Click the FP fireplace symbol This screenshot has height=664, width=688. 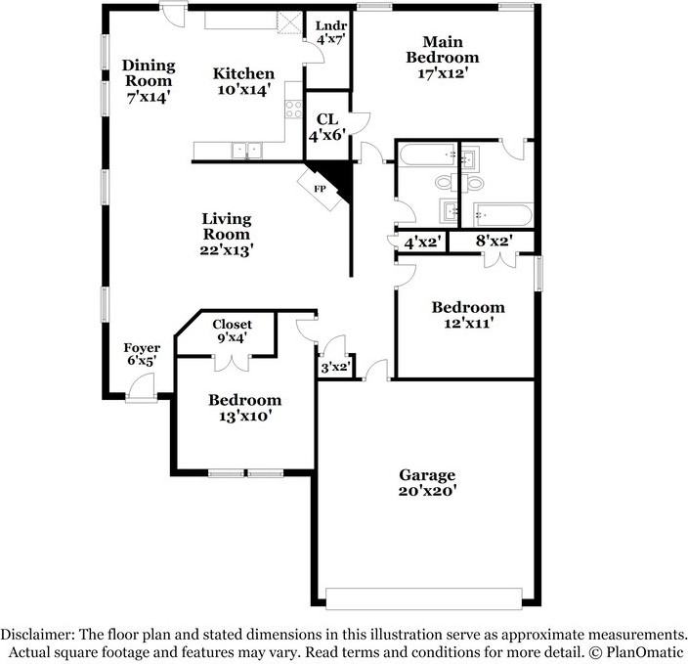click(x=320, y=190)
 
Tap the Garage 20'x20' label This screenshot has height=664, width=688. click(x=427, y=482)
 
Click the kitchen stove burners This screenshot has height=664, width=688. click(x=293, y=109)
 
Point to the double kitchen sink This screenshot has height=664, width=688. click(x=247, y=151)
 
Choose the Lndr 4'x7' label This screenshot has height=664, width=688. click(x=331, y=32)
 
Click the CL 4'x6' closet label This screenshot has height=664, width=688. click(x=327, y=127)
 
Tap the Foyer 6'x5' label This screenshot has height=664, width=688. click(x=142, y=354)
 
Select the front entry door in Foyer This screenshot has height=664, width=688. click(x=142, y=387)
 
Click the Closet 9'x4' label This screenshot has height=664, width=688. click(x=233, y=331)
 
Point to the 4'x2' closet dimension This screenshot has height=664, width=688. click(x=421, y=242)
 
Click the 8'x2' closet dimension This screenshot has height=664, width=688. click(x=494, y=241)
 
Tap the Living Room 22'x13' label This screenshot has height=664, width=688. click(x=227, y=234)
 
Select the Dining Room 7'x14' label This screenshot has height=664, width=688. click(x=149, y=81)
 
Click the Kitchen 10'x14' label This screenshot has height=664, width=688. click(x=243, y=81)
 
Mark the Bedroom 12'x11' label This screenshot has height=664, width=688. click(x=468, y=315)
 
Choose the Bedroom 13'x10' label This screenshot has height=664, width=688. click(x=244, y=407)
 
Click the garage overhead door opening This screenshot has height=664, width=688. click(x=424, y=598)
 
